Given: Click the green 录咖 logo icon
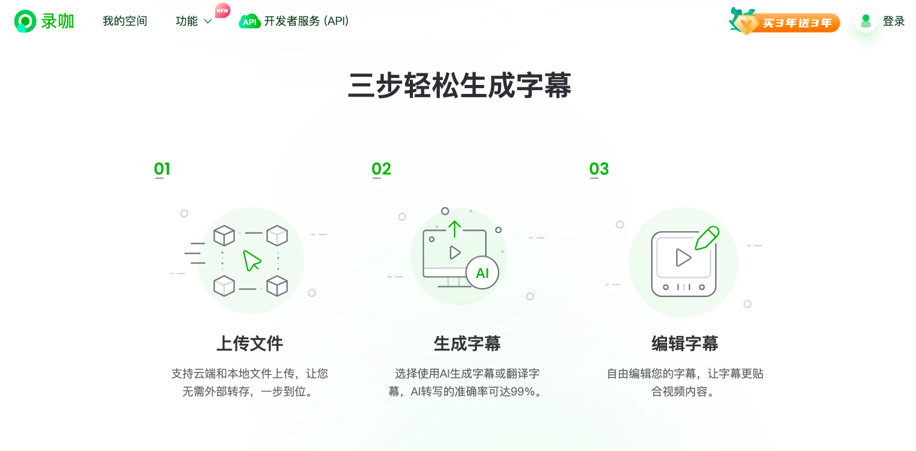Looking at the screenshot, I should click(25, 21).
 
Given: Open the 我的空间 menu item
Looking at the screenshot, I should click(124, 21).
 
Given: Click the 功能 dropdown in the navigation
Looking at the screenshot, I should click(193, 21).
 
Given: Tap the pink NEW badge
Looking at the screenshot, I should click(222, 10).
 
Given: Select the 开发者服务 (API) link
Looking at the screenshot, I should click(306, 21).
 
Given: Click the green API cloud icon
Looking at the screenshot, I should click(250, 22).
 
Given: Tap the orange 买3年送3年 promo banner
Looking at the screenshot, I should click(785, 22).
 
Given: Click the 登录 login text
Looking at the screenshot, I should click(894, 21).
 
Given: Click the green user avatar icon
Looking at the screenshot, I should click(866, 21).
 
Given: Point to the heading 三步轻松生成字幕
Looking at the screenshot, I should click(459, 86).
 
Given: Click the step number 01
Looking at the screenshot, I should click(162, 169).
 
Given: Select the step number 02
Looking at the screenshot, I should click(381, 169).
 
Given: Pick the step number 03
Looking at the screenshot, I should click(599, 169).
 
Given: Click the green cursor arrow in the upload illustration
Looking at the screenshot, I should click(252, 260).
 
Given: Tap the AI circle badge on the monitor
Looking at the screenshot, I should click(482, 273).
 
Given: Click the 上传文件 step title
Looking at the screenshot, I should click(250, 344).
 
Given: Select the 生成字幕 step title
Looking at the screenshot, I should click(467, 344).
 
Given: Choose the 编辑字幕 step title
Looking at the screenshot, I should click(685, 344).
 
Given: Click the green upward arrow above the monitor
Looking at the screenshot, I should click(454, 229).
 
